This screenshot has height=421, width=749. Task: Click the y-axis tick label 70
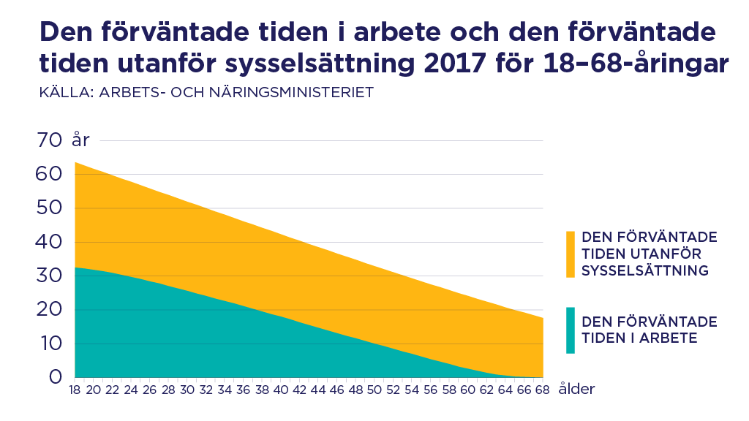point(51,140)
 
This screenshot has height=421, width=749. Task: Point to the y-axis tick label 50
point(51,208)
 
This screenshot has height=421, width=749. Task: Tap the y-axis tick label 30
point(51,276)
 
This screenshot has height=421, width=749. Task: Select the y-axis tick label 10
point(51,344)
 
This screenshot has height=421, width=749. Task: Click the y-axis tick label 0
point(56,378)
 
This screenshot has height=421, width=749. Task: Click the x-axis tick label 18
point(75,390)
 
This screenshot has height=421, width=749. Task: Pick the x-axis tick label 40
point(280,390)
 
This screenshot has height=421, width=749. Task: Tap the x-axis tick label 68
point(541,390)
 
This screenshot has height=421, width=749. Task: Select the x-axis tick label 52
point(392,390)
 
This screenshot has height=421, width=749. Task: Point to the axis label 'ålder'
point(576,390)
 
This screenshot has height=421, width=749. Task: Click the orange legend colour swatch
point(571,254)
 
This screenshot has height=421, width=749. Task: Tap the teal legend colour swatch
point(571,330)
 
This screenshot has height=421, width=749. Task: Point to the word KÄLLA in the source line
point(61,93)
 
